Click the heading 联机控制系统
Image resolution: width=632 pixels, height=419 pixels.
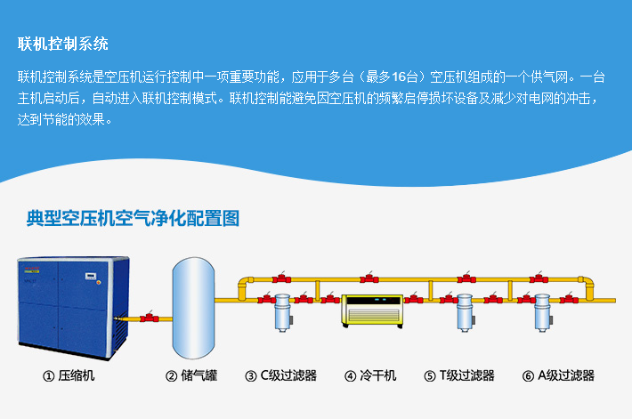click(x=63, y=44)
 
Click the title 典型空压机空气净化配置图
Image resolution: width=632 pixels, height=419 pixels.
click(x=133, y=218)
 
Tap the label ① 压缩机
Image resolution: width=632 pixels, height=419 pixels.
click(x=69, y=376)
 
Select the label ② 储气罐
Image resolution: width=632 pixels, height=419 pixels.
click(x=191, y=376)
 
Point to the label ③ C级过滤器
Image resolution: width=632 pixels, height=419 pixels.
click(x=281, y=376)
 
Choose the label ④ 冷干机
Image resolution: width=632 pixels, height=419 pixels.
click(x=370, y=376)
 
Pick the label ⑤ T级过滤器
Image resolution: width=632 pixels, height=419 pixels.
click(x=459, y=376)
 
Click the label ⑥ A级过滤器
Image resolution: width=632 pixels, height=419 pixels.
click(x=558, y=376)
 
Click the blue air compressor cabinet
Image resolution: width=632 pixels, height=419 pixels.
click(x=73, y=308)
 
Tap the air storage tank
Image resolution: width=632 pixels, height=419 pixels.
click(x=193, y=308)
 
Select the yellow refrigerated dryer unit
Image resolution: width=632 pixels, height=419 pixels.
click(x=372, y=311)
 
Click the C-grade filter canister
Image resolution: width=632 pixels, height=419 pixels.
click(x=282, y=312)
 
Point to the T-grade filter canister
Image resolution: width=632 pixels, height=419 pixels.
click(x=465, y=312)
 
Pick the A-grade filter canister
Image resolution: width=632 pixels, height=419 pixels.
click(x=542, y=312)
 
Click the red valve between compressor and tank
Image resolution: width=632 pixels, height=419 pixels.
click(x=150, y=317)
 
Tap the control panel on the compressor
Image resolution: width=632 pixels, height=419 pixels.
click(x=91, y=277)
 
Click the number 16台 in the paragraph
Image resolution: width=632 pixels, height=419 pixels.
click(x=404, y=77)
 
